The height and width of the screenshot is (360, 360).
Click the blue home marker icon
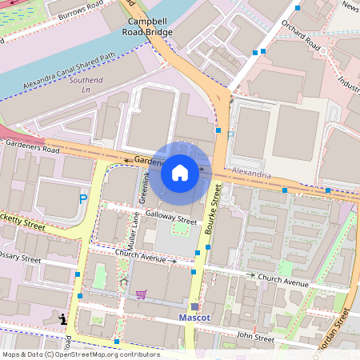(180, 172)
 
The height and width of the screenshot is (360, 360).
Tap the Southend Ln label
(86, 86)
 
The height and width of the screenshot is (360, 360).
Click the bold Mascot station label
(195, 318)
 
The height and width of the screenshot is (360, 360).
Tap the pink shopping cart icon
(141, 294)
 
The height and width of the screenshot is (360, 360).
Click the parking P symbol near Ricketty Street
(82, 198)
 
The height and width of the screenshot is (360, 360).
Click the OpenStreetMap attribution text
(80, 354)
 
